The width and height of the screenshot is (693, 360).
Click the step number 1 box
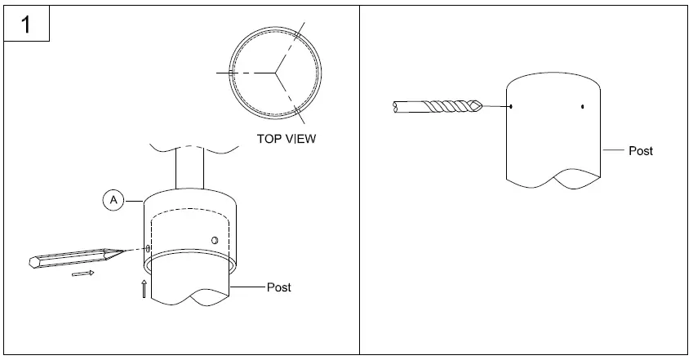[26, 24]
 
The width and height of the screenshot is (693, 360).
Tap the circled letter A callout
[113, 200]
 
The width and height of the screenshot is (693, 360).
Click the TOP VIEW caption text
[287, 139]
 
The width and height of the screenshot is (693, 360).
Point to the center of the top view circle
[275, 73]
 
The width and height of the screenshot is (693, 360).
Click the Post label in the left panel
[279, 287]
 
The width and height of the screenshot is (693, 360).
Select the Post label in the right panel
[641, 151]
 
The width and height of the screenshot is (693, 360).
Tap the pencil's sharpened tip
[125, 251]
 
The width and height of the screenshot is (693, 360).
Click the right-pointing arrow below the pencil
[83, 273]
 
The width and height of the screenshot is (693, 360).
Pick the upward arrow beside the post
[144, 289]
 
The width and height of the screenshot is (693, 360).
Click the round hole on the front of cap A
[215, 240]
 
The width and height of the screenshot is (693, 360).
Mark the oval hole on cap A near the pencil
[148, 248]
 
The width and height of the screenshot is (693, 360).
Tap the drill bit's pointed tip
[482, 105]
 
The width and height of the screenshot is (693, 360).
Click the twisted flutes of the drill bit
[449, 107]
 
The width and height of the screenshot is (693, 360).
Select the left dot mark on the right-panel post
[511, 106]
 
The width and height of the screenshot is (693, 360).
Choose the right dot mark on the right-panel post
[583, 106]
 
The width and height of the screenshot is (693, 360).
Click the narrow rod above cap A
[190, 167]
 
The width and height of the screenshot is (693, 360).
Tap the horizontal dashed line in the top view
[246, 73]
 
